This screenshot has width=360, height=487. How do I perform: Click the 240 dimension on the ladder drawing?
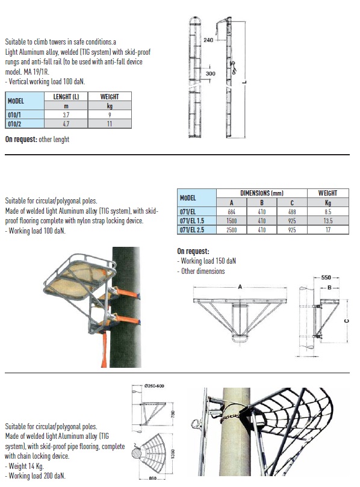point(208,40)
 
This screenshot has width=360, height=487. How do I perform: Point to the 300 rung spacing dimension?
point(210,73)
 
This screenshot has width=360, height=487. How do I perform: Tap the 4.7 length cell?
point(66,124)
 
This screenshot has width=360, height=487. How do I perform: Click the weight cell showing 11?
point(110,124)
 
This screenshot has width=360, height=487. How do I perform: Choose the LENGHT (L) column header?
point(66,96)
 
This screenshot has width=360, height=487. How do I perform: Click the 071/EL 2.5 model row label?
point(192,230)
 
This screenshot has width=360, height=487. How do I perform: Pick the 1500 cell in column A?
point(231,221)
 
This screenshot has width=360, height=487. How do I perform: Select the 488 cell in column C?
point(292,212)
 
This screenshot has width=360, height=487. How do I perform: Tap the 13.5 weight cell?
point(328,221)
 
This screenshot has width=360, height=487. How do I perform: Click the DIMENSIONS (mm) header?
point(261,193)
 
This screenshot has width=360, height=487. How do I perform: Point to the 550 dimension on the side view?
point(326,278)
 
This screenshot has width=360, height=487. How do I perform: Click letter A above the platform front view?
point(240,287)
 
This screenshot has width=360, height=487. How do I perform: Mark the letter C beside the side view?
point(347,321)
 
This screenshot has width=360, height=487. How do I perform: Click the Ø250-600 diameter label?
point(154,386)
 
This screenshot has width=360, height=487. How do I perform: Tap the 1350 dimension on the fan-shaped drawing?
point(173,454)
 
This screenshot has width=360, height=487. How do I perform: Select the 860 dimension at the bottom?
point(152,479)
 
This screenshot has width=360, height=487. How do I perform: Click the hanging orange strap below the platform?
point(104,349)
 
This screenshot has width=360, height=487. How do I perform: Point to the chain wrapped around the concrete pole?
point(230,418)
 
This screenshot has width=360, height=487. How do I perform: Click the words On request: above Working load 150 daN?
point(193,251)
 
